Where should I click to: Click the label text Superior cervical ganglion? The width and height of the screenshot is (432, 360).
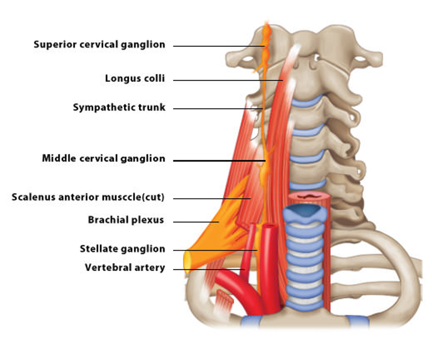pos(99,45)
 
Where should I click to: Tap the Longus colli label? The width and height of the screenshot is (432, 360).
pos(135,79)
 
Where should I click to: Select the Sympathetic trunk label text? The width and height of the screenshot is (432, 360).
pos(119,108)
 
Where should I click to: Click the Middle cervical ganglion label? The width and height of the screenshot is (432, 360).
pos(103,158)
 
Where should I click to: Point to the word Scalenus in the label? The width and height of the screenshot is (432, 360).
pos(32,197)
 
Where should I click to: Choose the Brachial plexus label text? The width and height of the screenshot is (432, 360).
pos(126,220)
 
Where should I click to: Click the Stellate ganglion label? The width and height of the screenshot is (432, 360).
pos(122,249)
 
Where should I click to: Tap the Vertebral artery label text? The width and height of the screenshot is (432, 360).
pos(124,268)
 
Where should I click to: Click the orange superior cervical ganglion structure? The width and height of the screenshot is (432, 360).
pos(265,44)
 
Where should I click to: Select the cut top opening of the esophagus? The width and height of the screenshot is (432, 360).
pos(310,196)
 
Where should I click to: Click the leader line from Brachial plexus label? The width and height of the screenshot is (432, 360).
pos(195,222)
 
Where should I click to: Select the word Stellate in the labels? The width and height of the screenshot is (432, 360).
pos(96,249)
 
